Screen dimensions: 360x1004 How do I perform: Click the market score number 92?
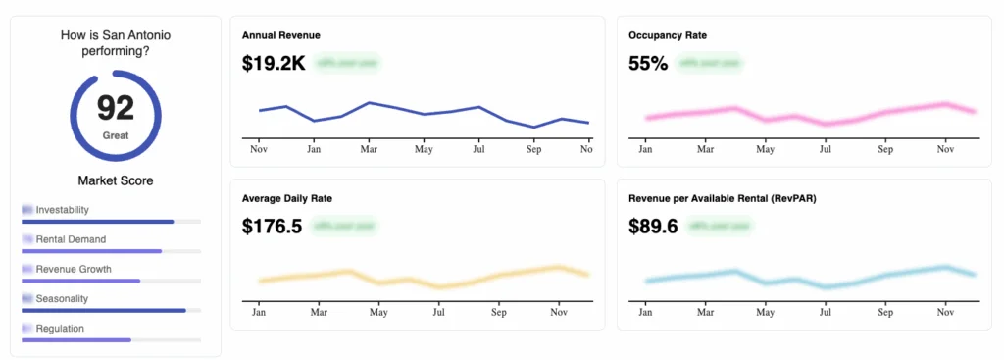(116, 106)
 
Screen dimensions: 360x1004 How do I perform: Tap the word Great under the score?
(116, 135)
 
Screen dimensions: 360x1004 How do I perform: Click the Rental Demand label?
(71, 239)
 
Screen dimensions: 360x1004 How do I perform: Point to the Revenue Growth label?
(74, 269)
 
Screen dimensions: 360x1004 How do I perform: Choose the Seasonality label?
(65, 298)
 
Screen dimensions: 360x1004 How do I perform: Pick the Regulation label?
(60, 329)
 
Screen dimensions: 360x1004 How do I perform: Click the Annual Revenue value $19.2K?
(274, 64)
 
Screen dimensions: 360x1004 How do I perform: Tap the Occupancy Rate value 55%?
(648, 64)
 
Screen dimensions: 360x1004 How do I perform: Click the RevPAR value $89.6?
(653, 227)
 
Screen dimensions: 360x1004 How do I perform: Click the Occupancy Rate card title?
(668, 35)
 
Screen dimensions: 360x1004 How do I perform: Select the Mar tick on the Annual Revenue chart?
(369, 150)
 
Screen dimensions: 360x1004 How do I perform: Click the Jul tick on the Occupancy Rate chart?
(826, 150)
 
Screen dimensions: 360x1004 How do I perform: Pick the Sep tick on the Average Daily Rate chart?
(499, 313)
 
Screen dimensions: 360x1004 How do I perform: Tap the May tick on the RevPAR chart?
(765, 313)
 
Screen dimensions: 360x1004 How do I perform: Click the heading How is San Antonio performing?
(116, 43)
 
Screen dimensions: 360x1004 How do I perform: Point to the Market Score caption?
(116, 180)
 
